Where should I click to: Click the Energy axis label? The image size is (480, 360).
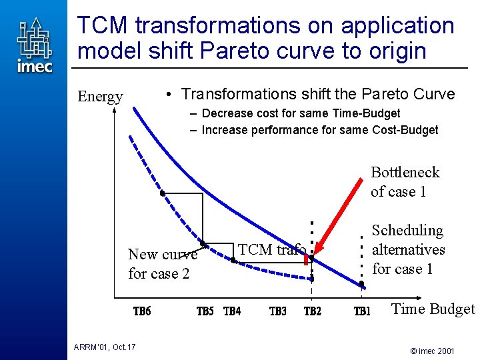pos(100,97)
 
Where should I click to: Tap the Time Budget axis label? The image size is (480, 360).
pos(433,309)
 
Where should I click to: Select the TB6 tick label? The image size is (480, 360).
pos(142,311)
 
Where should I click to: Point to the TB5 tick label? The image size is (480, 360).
pos(205,311)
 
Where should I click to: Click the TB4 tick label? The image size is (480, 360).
pos(232,311)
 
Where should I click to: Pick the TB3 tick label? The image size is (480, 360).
pos(278,311)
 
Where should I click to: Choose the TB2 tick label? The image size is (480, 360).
pos(313,311)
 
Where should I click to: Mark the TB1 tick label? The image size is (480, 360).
pos(362,311)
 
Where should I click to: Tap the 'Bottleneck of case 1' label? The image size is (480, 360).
pos(405,182)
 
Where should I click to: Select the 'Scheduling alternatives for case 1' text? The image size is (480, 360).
pos(408,249)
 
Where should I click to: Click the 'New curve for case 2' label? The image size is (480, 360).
pos(163,264)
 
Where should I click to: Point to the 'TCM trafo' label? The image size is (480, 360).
pos(272,249)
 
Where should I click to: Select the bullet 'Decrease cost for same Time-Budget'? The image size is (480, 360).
pos(301,113)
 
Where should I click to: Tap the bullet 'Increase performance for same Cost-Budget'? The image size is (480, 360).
pos(319,130)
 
